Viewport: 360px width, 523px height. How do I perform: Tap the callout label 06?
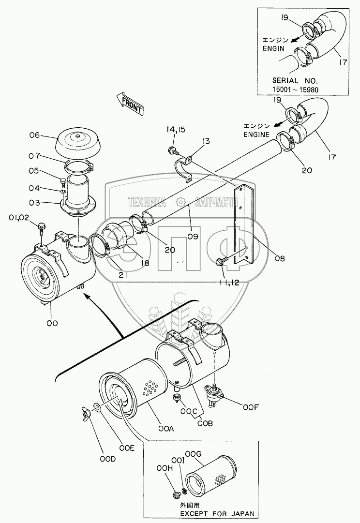click(34, 135)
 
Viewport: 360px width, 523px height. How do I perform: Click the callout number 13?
click(206, 141)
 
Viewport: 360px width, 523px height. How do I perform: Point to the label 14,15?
click(176, 130)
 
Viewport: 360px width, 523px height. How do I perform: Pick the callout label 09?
click(193, 236)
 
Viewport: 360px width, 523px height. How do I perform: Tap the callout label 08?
click(280, 257)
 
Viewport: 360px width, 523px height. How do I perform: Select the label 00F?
click(251, 407)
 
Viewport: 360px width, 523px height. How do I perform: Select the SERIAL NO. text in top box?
click(295, 80)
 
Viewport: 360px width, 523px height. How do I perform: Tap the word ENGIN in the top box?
click(273, 48)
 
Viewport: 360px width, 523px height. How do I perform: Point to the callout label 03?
click(34, 202)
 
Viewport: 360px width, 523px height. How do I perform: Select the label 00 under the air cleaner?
click(52, 323)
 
